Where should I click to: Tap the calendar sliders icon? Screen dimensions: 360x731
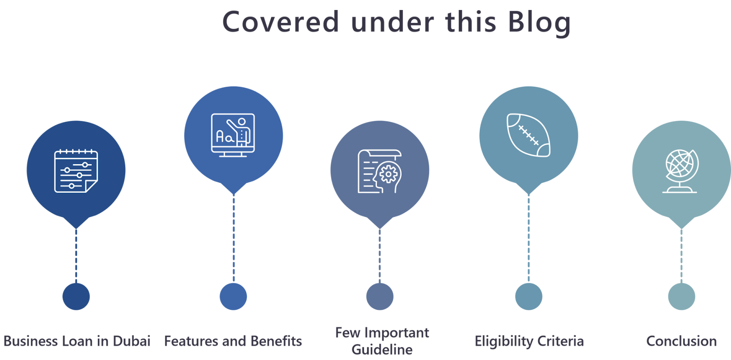point(76,171)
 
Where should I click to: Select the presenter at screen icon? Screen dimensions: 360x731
point(233,135)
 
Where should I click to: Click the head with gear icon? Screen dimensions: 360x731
point(380,171)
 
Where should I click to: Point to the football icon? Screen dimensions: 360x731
point(529,135)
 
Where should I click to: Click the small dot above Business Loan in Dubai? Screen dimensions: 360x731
point(76,296)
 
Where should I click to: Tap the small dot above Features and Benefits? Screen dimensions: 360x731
point(233,296)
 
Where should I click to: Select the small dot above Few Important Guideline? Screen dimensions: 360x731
point(380,296)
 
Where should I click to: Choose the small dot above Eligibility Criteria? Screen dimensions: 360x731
point(529,296)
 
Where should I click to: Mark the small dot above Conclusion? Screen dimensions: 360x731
point(681,296)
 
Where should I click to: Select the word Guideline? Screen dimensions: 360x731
point(382,350)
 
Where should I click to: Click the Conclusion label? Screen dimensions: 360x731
point(681,341)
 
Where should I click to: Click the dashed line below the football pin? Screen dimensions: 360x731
point(529,238)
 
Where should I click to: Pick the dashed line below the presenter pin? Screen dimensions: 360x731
point(233,238)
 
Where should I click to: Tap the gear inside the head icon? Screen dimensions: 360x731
point(388,174)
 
